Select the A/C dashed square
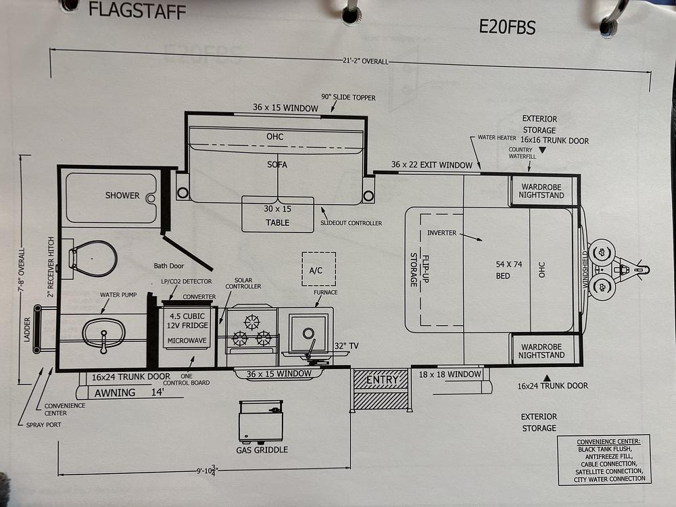[318, 269]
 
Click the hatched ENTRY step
[381, 390]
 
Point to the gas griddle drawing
[261, 422]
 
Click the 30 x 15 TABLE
[278, 214]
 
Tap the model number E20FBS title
[508, 27]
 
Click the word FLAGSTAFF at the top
[137, 9]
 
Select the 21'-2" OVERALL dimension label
[366, 62]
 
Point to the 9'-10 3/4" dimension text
[206, 470]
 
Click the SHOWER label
[122, 195]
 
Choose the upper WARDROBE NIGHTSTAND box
[542, 191]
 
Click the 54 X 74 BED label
[508, 270]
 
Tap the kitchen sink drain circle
[308, 333]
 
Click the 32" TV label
[346, 345]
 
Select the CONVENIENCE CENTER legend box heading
[608, 441]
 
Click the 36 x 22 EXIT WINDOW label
[431, 165]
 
